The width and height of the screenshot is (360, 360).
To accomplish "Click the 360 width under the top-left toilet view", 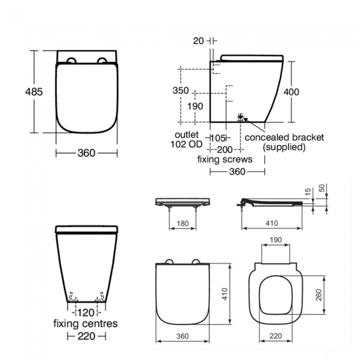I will [86, 152].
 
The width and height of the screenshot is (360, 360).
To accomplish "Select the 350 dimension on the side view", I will [181, 91].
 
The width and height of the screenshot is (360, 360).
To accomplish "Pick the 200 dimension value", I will [225, 149].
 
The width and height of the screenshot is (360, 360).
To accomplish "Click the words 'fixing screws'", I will [225, 159].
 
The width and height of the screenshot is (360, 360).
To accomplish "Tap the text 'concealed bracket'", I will [284, 137].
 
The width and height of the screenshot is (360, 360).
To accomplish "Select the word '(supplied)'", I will [284, 147].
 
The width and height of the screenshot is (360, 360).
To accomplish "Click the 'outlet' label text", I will [187, 135].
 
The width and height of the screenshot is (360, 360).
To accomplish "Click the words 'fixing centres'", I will [85, 323].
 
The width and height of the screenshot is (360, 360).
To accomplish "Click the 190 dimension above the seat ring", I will [275, 240].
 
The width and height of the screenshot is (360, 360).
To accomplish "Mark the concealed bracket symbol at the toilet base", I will [241, 117].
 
